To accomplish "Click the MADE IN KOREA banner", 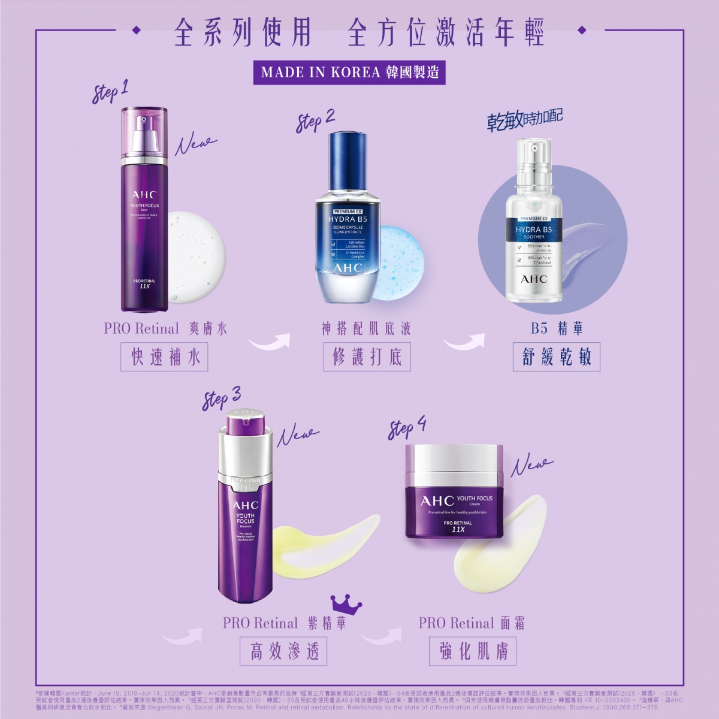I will point(350,72).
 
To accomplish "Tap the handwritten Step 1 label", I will point(110,92).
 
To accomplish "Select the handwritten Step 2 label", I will point(315,120).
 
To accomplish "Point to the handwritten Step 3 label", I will point(221,398).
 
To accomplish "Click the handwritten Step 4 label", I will point(407,428).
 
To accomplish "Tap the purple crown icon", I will point(346,605).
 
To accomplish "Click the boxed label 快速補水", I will point(164,357).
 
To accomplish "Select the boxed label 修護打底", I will point(367,357).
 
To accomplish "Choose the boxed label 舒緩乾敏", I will point(556,357).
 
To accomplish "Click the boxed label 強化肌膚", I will point(473,651).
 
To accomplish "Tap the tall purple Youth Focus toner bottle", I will point(144,228).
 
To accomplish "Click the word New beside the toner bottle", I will point(195,144).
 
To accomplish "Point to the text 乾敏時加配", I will point(525,120).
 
